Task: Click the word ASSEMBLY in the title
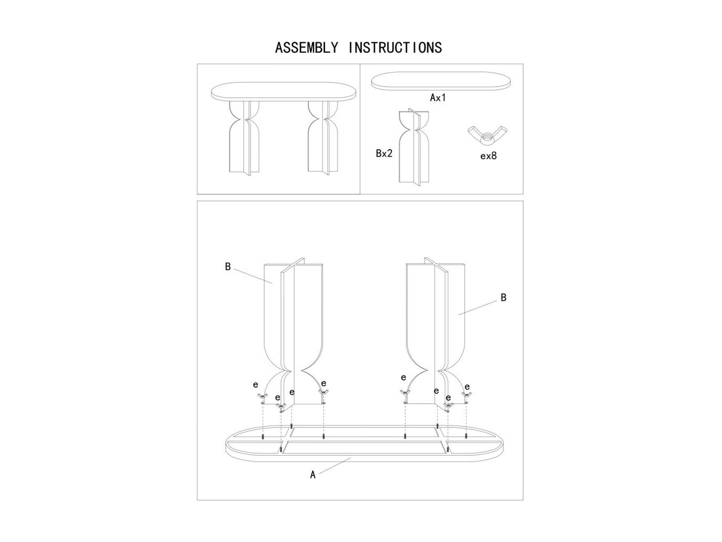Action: point(306,48)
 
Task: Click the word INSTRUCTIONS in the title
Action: point(395,48)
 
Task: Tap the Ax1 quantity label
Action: point(438,98)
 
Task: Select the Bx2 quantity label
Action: point(384,153)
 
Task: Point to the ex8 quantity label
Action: point(488,156)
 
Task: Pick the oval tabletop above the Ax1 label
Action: point(441,81)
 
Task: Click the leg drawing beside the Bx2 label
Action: point(414,146)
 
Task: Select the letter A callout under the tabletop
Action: point(313,475)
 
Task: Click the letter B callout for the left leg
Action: point(228,267)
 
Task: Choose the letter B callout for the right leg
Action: point(503,297)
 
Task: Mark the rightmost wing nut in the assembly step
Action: point(467,395)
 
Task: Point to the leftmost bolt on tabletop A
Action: point(263,437)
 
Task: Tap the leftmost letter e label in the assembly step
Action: point(255,385)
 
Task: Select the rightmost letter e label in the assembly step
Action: point(467,387)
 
